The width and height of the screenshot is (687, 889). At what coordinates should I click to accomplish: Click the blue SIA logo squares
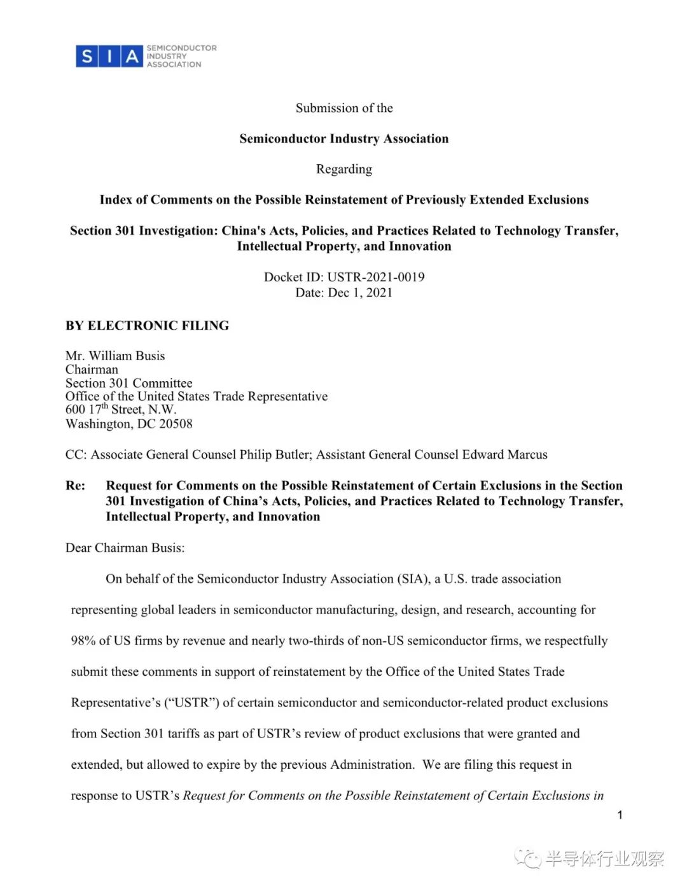(x=108, y=57)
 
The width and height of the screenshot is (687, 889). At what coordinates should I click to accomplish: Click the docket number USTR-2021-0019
(x=375, y=277)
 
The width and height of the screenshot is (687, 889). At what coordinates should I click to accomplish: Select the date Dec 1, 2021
(x=360, y=293)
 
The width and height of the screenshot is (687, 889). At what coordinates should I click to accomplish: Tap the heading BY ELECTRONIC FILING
(x=147, y=326)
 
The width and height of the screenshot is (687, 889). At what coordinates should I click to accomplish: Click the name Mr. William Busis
(x=115, y=356)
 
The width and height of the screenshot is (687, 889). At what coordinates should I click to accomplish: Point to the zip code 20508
(x=176, y=424)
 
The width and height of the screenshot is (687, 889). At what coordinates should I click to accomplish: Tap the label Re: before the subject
(x=75, y=486)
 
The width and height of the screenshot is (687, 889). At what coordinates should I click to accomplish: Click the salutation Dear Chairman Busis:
(x=125, y=548)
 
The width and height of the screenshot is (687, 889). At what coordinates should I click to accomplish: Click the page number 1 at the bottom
(x=620, y=815)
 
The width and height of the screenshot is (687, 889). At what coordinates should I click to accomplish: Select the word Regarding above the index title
(x=344, y=169)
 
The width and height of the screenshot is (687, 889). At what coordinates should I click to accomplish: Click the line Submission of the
(x=344, y=108)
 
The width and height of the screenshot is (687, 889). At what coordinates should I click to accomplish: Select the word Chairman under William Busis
(x=92, y=370)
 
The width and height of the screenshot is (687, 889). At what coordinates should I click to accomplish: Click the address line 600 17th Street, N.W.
(x=121, y=410)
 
